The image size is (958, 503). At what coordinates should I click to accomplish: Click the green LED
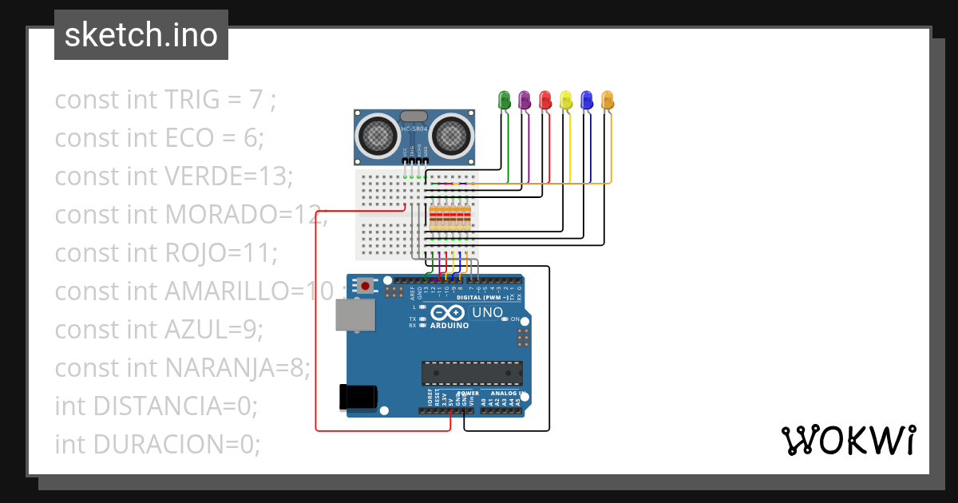504,100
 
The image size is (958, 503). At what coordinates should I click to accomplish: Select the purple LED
525,100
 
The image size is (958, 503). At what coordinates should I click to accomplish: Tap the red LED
545,100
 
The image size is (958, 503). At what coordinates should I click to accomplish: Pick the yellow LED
566,100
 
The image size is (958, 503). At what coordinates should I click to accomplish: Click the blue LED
587,100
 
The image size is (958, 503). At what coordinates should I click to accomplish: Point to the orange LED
608,100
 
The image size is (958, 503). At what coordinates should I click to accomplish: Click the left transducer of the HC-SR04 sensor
376,136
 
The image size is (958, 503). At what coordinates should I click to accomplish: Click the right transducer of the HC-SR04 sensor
452,136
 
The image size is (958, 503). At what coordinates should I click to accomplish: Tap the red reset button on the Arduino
366,285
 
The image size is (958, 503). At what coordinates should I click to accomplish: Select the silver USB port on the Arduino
353,315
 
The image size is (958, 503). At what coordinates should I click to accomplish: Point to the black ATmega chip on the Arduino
472,373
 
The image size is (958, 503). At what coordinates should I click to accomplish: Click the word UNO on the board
486,312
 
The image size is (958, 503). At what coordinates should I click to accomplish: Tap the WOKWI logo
848,440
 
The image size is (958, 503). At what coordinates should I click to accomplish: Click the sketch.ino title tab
141,35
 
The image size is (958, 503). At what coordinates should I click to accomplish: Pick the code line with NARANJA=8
182,367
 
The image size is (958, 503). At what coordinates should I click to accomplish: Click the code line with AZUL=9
158,329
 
